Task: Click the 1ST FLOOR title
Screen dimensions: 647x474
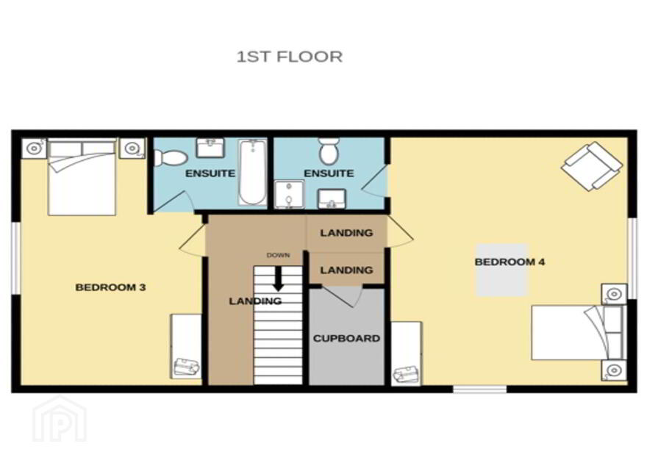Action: (289, 57)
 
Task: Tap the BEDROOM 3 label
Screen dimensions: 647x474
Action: (110, 287)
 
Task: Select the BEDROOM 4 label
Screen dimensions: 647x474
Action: (510, 262)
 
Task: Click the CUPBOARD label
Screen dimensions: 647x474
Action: (346, 338)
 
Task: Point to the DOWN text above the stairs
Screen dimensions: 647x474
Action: (278, 255)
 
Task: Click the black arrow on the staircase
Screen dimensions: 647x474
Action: (279, 279)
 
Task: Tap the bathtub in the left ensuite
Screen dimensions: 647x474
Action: (252, 173)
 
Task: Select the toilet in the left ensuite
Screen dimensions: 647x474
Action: (171, 157)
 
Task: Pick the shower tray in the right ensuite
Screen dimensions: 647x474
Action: (289, 194)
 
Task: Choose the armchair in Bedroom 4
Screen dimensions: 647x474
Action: (592, 166)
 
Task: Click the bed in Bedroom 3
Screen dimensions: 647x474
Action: (82, 177)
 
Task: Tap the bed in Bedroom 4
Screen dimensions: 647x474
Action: (579, 332)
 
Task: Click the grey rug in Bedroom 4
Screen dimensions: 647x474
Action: (502, 270)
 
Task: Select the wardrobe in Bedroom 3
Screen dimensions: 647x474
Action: (186, 347)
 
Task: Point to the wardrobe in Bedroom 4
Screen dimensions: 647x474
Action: (407, 354)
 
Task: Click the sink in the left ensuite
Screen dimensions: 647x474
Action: (210, 148)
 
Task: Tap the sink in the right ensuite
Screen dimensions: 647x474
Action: (332, 199)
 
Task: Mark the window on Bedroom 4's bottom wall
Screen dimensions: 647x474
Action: (479, 389)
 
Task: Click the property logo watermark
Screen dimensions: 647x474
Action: (60, 419)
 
